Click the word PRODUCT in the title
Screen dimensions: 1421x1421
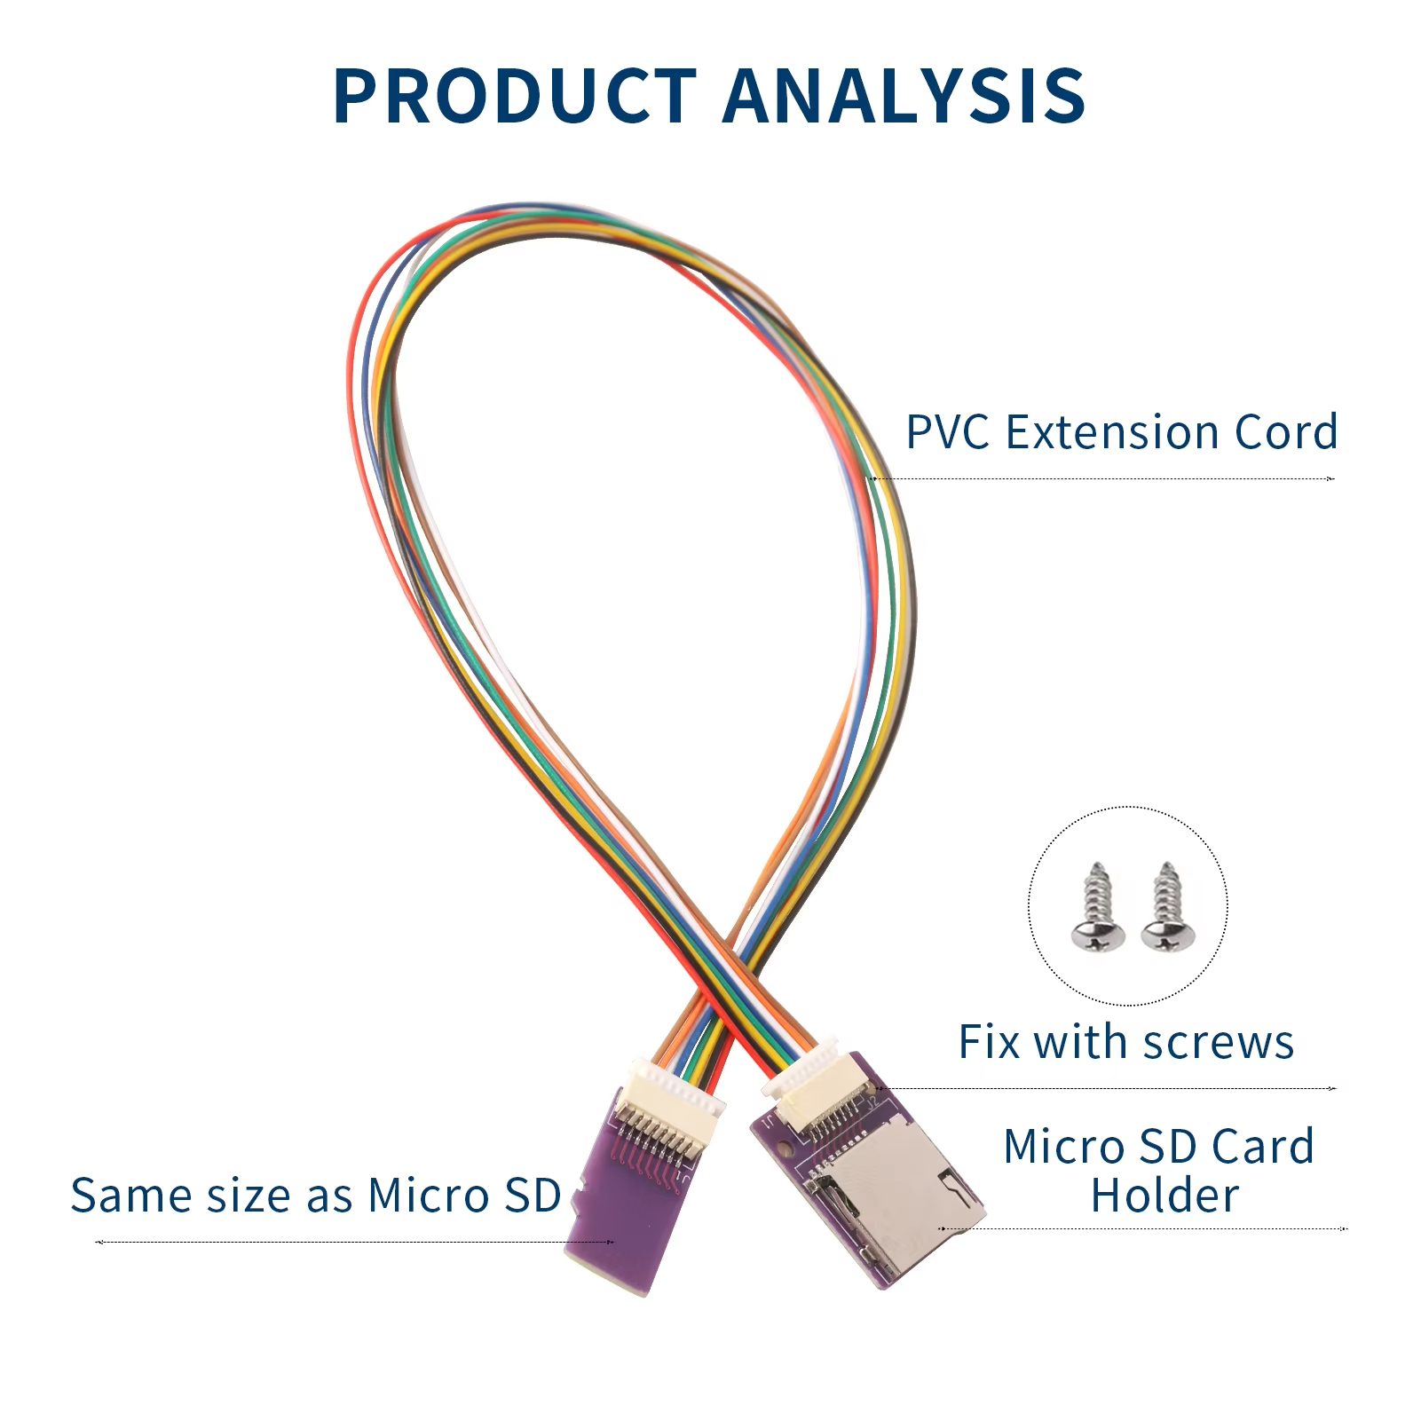point(515,95)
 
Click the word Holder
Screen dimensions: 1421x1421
point(1164,1196)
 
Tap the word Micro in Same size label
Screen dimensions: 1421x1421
point(426,1196)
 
